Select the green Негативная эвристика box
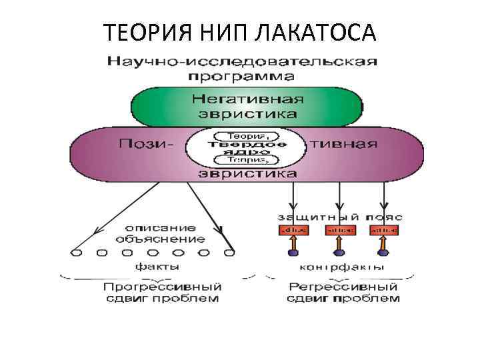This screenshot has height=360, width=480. point(247,106)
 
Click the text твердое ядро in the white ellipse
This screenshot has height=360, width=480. point(247,147)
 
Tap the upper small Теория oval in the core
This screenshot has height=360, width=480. point(247,135)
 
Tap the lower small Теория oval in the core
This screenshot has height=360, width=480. point(247,160)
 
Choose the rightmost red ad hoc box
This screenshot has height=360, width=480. point(385,230)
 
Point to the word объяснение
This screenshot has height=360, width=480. point(160,238)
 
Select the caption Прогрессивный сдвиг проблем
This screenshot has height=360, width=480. point(162,292)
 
